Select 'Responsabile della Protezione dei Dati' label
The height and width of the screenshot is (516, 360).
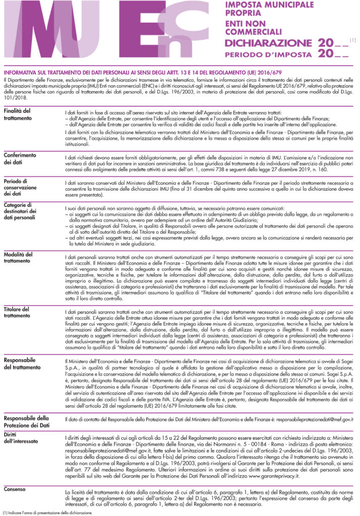click(x=26, y=421)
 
